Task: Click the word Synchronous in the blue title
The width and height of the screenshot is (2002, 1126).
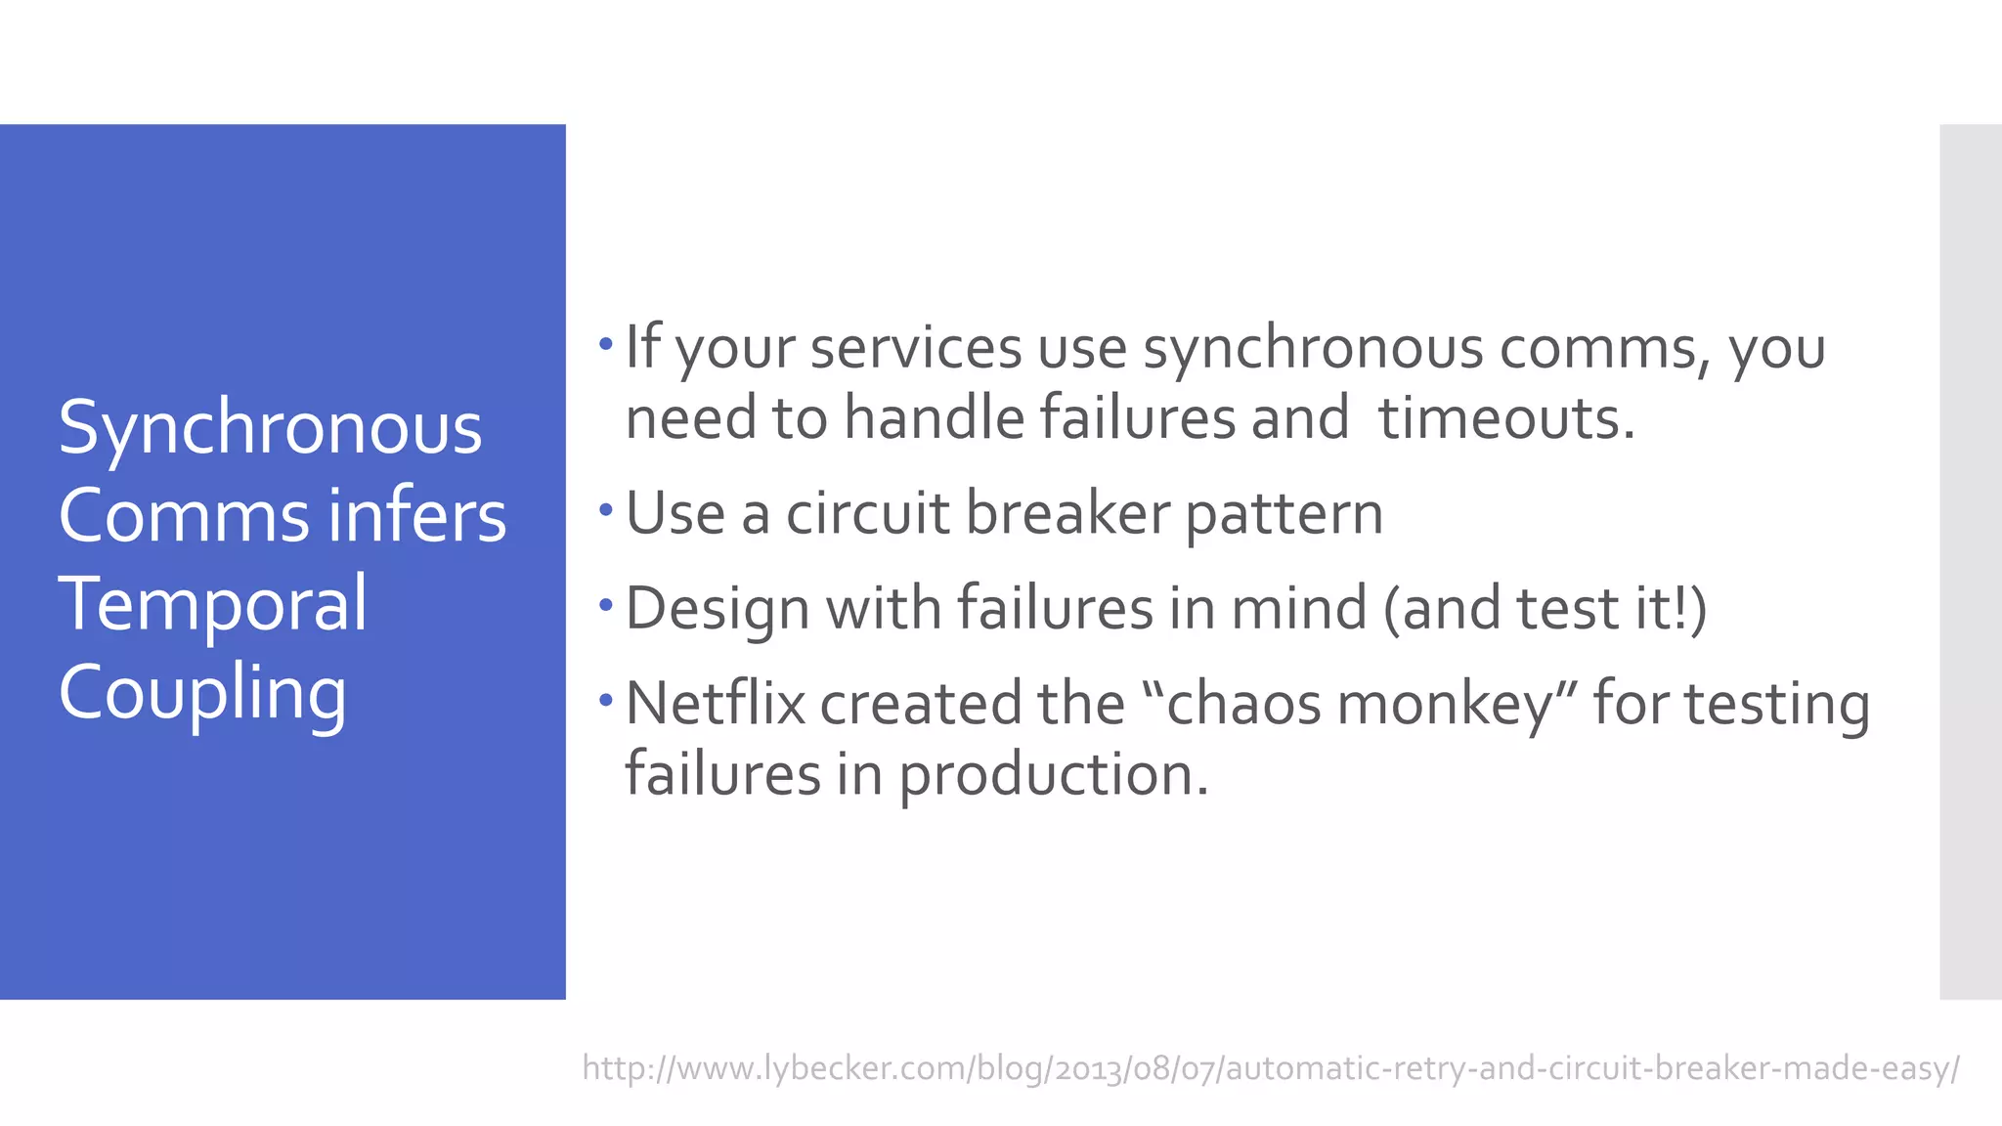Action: tap(270, 429)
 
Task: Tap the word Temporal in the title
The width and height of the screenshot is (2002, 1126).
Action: tap(212, 604)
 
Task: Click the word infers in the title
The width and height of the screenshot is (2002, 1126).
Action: tap(417, 516)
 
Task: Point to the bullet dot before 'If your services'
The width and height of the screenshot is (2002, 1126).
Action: tap(606, 344)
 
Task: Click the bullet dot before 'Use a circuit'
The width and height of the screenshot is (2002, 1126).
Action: tap(606, 509)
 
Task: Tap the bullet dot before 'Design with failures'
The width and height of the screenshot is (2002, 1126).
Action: tap(606, 605)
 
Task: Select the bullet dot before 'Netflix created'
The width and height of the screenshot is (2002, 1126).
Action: tap(606, 700)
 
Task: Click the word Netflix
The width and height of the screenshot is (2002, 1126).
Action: tap(715, 703)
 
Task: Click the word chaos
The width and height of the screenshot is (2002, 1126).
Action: tap(1244, 703)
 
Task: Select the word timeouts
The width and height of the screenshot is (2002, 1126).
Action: tap(1506, 418)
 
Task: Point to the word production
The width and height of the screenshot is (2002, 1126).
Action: tap(1053, 776)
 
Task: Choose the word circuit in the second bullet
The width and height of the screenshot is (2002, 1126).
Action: tap(867, 513)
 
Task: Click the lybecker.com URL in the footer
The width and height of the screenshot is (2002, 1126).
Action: tap(1271, 1067)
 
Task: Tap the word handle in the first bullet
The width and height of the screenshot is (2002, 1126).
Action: tap(933, 418)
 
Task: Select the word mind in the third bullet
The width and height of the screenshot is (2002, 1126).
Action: tap(1298, 608)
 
